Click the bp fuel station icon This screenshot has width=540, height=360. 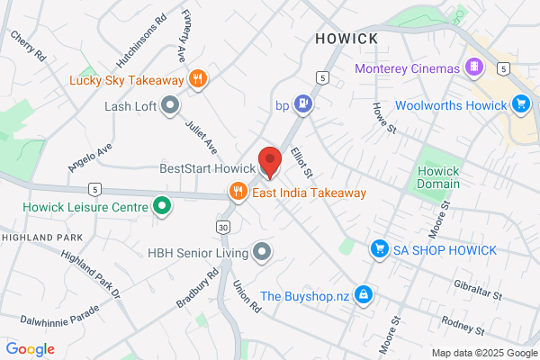pos(305,105)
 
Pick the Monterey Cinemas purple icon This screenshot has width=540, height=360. pos(473,68)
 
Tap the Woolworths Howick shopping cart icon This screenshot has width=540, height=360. pos(519,104)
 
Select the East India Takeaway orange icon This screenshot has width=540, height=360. pos(238,192)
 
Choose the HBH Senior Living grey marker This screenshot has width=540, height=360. pos(262,251)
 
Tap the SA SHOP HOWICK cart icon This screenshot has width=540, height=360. pos(380,249)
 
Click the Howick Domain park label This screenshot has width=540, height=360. pos(438,177)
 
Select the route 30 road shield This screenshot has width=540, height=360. pos(222,225)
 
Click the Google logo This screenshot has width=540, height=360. pos(30,348)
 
